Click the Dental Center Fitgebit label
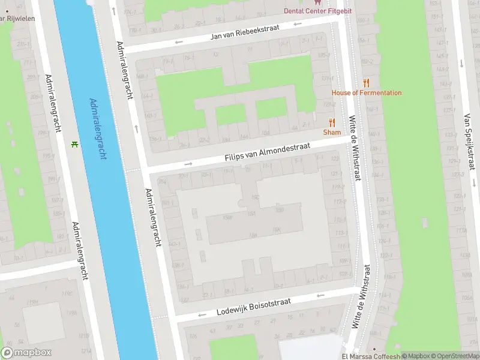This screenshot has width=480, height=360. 317,11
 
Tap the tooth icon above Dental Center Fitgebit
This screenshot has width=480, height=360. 317,2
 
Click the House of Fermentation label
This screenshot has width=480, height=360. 367,93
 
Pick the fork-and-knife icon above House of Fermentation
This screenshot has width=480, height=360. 367,83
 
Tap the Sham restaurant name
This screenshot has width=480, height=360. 332,132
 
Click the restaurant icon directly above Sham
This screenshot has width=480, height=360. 332,122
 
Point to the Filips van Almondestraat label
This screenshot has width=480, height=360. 267,151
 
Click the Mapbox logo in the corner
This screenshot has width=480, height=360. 26,353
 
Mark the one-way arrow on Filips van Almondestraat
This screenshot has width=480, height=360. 188,163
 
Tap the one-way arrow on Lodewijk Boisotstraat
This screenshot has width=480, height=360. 202,315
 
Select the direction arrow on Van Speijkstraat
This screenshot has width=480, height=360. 460,62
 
